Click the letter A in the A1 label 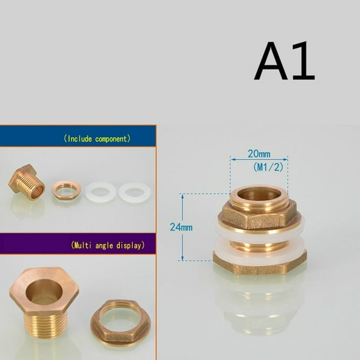click(271, 61)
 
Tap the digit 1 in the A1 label click(303, 61)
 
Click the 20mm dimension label click(259, 154)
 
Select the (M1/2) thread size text click(268, 167)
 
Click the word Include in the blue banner click(80, 139)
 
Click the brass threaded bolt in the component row click(26, 182)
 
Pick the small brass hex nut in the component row click(66, 190)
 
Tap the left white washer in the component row click(101, 192)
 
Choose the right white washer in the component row click(135, 192)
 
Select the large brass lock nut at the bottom click(121, 322)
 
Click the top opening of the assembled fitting click(259, 194)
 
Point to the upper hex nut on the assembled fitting click(259, 218)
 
